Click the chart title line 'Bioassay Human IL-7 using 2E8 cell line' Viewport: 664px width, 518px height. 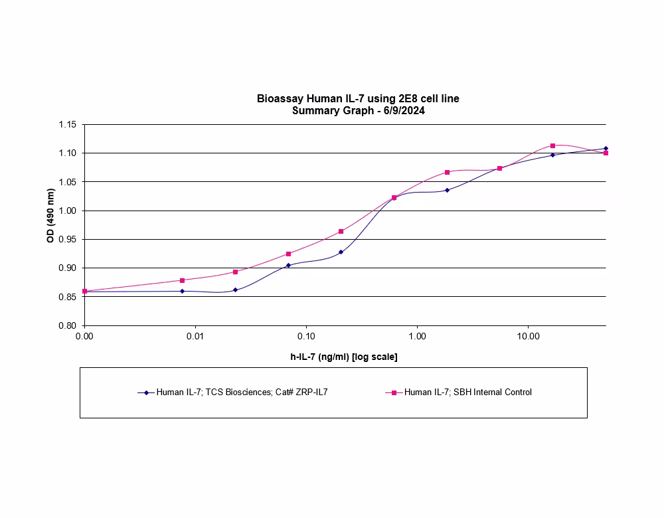(358, 99)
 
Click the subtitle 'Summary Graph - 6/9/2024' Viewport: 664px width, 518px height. (358, 111)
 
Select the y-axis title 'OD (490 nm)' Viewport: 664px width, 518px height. (50, 216)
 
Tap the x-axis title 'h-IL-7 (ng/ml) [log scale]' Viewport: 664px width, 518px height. (344, 357)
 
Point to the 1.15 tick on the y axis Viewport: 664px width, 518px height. (68, 125)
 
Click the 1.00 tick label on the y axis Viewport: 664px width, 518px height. (68, 211)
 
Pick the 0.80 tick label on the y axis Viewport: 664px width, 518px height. (68, 325)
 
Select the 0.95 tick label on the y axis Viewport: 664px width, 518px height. (68, 239)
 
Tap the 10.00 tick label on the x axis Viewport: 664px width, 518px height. (528, 337)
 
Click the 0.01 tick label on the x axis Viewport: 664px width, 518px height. (195, 337)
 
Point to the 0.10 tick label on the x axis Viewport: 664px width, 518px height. (306, 337)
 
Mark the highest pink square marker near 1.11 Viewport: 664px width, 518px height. (552, 145)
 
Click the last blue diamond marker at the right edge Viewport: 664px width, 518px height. (606, 148)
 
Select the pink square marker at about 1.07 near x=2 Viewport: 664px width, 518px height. (447, 172)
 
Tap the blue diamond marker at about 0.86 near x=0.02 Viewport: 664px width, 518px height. (235, 290)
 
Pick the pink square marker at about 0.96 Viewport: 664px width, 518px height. (341, 231)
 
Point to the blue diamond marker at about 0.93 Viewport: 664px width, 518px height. (341, 252)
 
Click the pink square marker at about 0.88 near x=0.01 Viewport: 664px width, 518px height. (182, 280)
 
